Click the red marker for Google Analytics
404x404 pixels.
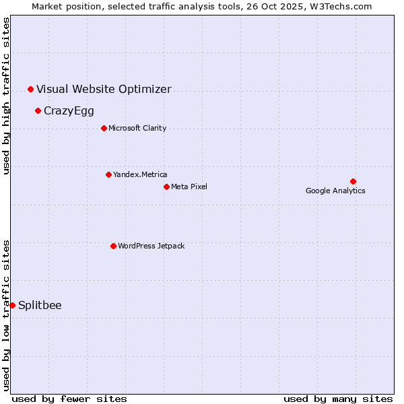353,181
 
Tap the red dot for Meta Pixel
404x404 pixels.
166,187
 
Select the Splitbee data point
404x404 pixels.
12,305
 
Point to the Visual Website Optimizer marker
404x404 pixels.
30,89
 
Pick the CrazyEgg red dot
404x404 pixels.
38,110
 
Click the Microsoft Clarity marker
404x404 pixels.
104,128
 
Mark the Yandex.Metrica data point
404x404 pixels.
108,174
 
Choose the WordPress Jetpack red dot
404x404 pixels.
113,246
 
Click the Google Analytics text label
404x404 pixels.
335,191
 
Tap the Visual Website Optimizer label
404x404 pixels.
104,89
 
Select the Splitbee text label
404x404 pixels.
40,305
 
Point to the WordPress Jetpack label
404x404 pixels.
151,246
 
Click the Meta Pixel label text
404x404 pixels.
189,187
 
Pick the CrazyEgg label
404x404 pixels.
69,110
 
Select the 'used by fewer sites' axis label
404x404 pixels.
69,399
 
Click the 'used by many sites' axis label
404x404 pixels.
338,399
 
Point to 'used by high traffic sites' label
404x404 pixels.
6,96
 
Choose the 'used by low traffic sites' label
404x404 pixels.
6,314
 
